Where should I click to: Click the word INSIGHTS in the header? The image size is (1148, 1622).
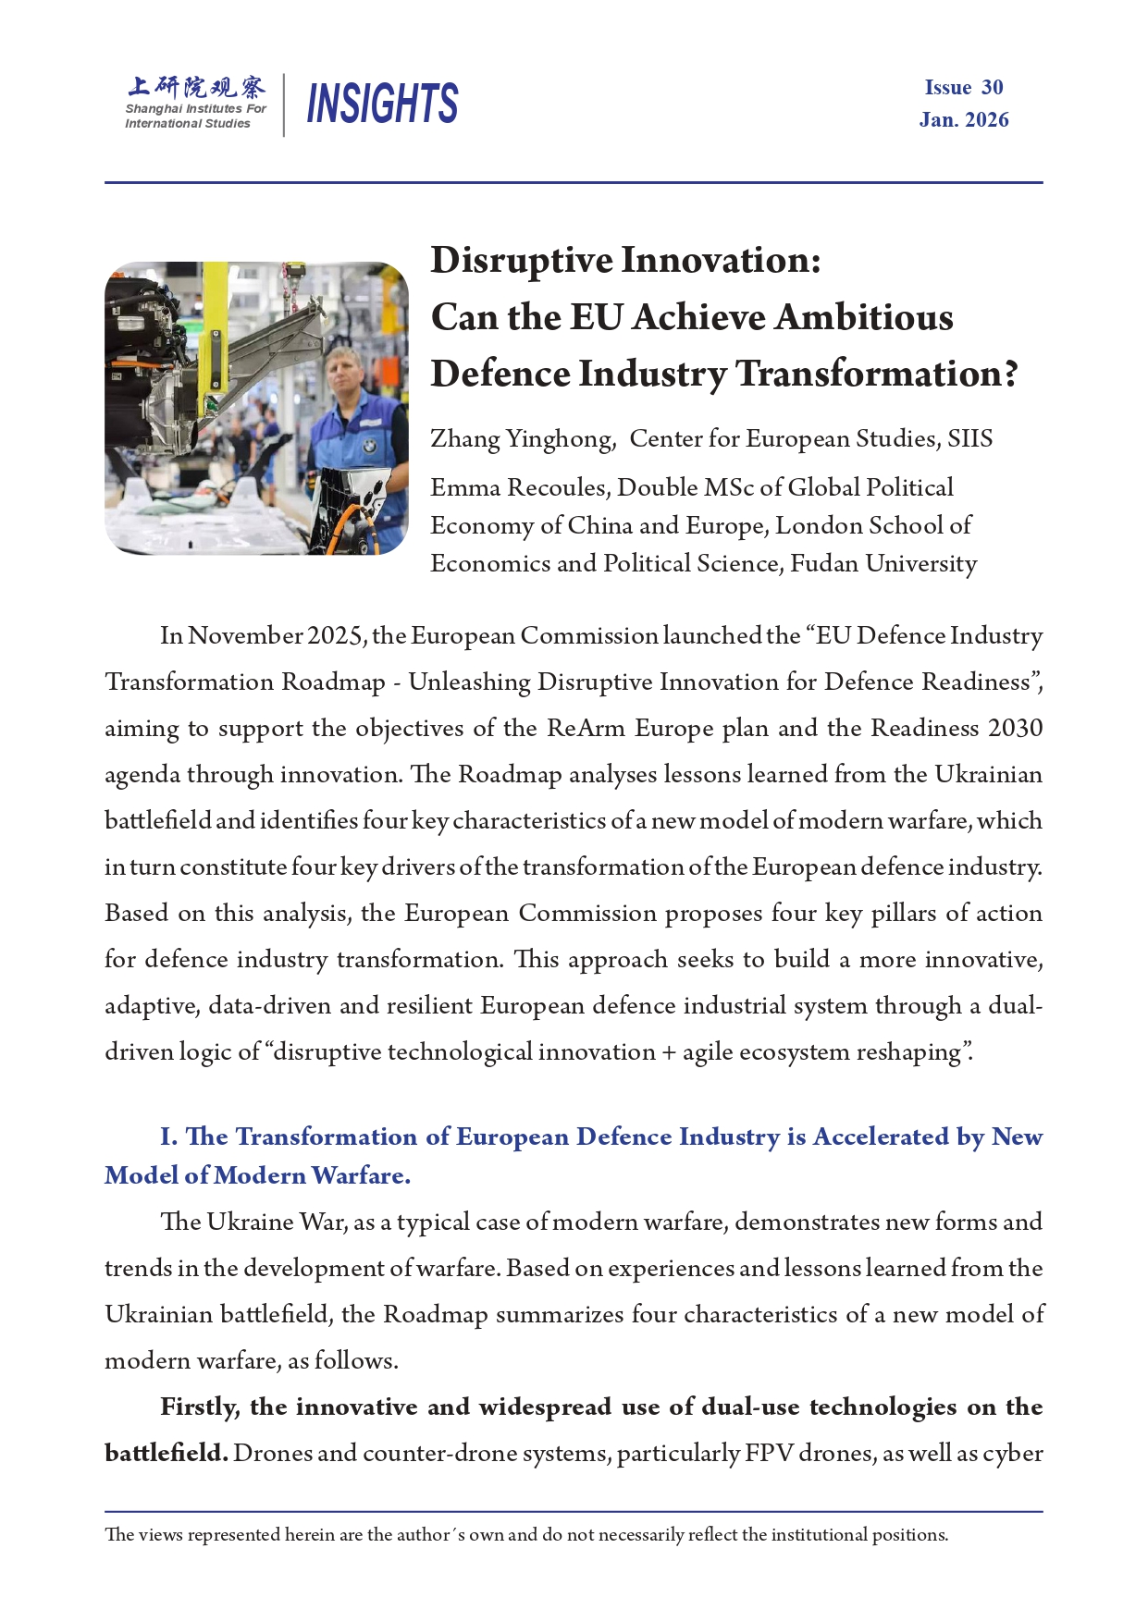[382, 103]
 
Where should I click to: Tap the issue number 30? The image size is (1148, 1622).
[992, 88]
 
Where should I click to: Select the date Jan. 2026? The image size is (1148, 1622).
[964, 120]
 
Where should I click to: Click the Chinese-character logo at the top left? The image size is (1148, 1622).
[196, 88]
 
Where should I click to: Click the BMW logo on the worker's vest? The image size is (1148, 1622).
[368, 447]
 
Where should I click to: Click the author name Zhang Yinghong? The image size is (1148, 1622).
[522, 439]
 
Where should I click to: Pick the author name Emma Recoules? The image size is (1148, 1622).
[519, 487]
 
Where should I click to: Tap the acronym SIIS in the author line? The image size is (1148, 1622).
[969, 438]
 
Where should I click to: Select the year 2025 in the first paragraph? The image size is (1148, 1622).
[336, 636]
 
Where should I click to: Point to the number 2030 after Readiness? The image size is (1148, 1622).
[1015, 729]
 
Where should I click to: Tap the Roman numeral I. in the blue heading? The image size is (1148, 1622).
[168, 1137]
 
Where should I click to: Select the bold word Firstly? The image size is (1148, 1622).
[200, 1407]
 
